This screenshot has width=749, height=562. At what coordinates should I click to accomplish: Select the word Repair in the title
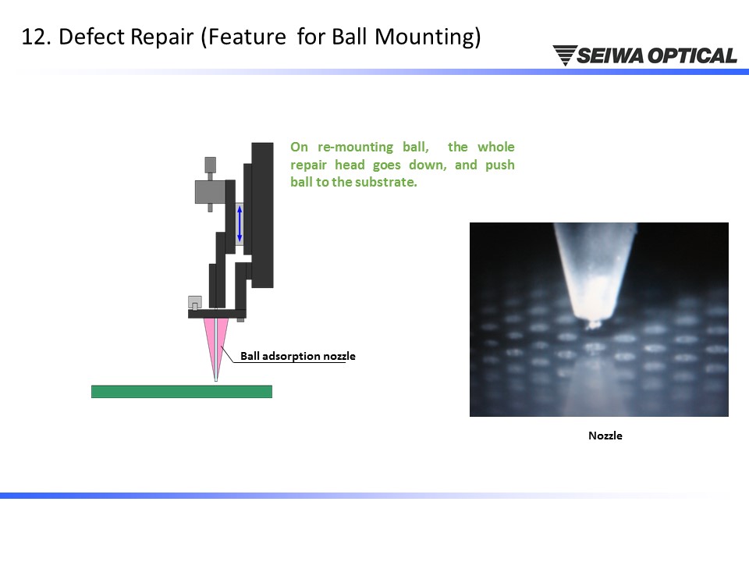[x=162, y=37]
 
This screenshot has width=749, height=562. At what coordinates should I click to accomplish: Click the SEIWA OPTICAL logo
[x=645, y=55]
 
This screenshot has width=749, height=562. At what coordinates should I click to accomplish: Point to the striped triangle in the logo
[x=565, y=55]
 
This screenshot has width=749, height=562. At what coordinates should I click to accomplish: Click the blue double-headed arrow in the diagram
[x=240, y=224]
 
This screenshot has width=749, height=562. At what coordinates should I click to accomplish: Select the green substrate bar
[x=182, y=391]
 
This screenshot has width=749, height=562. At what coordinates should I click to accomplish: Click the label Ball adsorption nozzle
[x=297, y=356]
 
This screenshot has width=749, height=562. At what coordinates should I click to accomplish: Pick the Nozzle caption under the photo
[x=605, y=436]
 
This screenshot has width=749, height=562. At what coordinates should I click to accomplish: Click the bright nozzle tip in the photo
[x=593, y=323]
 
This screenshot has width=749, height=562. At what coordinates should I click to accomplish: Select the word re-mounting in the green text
[x=356, y=148]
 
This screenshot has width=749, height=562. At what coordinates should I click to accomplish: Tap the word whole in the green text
[x=496, y=147]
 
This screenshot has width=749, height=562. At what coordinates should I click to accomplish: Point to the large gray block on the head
[x=210, y=192]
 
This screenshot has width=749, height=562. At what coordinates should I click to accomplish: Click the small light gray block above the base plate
[x=194, y=303]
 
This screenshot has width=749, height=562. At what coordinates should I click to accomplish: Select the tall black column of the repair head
[x=262, y=215]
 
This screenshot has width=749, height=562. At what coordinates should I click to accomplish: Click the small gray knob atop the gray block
[x=210, y=165]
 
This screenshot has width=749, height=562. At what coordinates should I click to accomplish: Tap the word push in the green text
[x=500, y=165]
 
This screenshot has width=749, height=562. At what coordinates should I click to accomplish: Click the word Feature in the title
[x=247, y=37]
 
